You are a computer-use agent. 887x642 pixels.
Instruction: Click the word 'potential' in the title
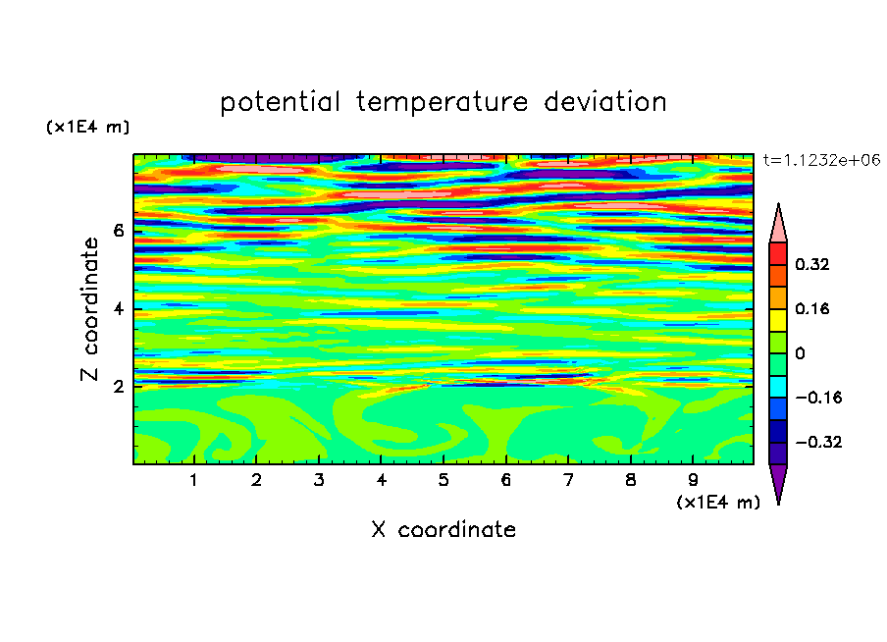point(280,103)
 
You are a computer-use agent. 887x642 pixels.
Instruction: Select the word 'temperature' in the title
point(443,102)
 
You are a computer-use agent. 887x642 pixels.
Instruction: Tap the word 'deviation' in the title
point(605,102)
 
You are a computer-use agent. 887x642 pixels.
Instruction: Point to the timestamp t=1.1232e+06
point(821,160)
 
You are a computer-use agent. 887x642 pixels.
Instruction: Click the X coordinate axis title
point(443,529)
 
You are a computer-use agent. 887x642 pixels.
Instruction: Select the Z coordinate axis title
point(89,308)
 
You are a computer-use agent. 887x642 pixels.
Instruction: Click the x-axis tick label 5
point(443,480)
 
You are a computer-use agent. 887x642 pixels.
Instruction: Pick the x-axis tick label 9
point(693,480)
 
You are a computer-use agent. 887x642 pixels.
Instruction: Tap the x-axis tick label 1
point(194,480)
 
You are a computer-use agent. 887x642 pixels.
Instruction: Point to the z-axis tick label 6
point(118,231)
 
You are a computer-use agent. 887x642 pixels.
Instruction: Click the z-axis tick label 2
point(118,387)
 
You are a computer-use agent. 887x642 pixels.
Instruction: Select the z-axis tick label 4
point(118,309)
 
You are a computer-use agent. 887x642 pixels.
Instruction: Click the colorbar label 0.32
point(812,264)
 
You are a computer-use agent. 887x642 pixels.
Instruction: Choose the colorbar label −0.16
point(818,398)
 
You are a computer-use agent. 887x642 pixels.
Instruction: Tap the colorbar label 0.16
point(812,308)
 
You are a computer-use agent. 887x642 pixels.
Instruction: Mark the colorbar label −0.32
point(818,442)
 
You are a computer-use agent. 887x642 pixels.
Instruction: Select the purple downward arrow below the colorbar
point(778,481)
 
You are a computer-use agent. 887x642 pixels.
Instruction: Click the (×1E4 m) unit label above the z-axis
point(87,127)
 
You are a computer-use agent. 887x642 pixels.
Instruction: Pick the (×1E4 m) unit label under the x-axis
point(718,503)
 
